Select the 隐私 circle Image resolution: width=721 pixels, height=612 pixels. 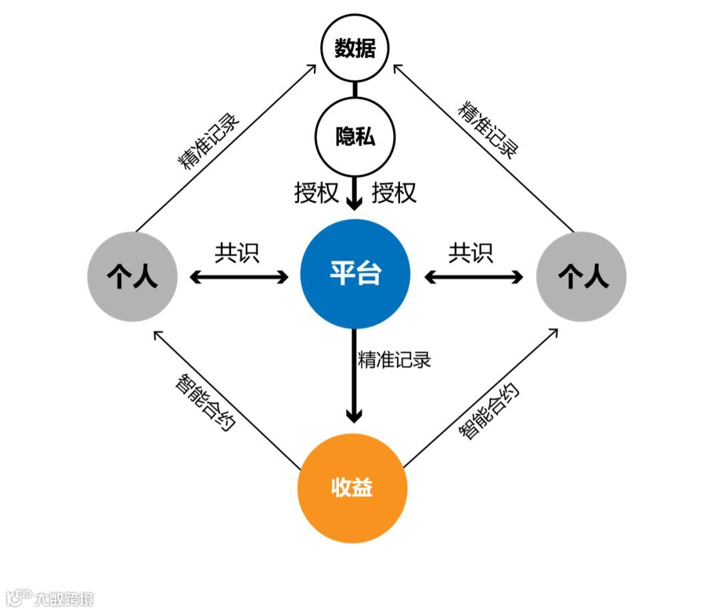coord(354,137)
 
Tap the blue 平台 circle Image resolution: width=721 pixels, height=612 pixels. coord(354,273)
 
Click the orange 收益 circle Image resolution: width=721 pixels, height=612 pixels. coord(352,489)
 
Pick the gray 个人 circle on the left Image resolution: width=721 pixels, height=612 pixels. coord(132,276)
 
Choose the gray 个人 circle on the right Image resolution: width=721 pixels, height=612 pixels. coord(581,276)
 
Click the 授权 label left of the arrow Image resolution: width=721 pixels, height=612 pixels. coord(316,193)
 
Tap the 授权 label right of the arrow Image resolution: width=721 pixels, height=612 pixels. coord(394,193)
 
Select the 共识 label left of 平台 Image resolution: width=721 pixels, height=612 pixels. coord(236,253)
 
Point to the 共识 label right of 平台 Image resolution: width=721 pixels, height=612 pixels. coord(471,253)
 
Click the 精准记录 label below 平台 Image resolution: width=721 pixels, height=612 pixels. coord(395,359)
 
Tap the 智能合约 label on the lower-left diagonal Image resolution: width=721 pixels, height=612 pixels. coord(205,402)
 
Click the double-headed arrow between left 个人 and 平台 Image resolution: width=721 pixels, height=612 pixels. coord(239,277)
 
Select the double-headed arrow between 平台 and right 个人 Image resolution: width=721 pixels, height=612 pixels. coord(473,277)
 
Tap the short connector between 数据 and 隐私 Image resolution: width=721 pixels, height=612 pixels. coord(354,89)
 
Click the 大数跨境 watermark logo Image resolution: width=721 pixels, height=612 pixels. coord(49,598)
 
